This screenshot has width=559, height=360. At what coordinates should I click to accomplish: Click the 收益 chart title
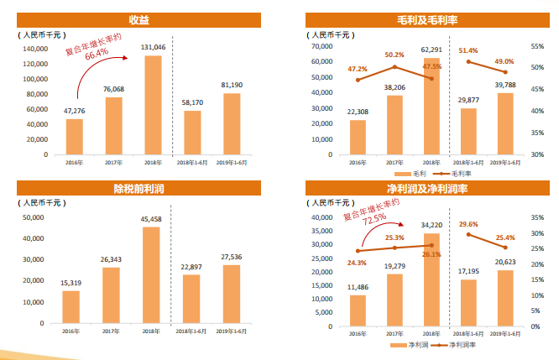(x=139, y=19)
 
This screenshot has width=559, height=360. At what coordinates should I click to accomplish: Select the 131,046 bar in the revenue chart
(x=153, y=105)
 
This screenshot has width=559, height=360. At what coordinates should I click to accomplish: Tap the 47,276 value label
(x=75, y=110)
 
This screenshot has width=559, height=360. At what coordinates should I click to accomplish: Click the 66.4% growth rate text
(x=97, y=54)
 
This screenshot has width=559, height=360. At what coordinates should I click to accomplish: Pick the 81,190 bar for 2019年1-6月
(x=232, y=123)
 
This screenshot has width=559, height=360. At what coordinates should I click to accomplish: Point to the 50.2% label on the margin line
(x=394, y=55)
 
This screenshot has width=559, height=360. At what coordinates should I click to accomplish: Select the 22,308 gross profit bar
(x=358, y=138)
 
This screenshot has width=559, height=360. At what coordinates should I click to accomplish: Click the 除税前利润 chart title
(x=139, y=187)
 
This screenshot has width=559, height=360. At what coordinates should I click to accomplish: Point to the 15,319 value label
(x=71, y=283)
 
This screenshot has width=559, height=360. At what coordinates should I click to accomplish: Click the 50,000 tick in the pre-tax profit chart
(x=33, y=217)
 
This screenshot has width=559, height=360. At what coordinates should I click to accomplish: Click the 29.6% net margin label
(x=468, y=225)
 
